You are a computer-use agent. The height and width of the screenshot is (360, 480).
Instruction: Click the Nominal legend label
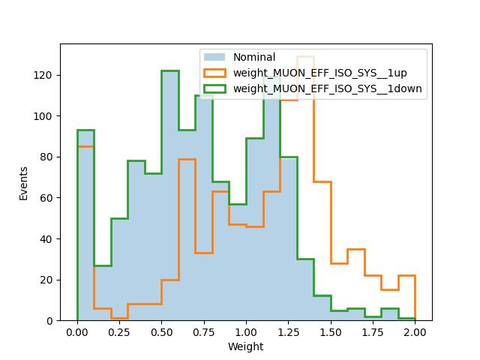[x=254, y=57]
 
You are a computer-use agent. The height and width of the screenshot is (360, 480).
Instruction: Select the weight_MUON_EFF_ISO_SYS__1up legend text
[x=320, y=73]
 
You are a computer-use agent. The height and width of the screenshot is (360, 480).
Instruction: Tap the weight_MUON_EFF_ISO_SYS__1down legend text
[x=328, y=88]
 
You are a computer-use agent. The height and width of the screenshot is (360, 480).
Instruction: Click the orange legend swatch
[x=214, y=73]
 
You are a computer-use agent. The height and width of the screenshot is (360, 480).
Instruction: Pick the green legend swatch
[x=214, y=88]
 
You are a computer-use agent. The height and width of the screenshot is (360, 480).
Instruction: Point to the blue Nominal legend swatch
[x=214, y=57]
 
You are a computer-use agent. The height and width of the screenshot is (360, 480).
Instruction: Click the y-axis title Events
[x=23, y=184]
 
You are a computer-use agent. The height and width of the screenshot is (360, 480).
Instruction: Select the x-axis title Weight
[x=245, y=346]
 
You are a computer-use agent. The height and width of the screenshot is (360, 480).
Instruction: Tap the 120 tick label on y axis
[x=43, y=75]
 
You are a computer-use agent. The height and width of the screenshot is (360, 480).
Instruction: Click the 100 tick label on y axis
[x=43, y=116]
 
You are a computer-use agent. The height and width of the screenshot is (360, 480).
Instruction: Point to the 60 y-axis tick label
[x=46, y=198]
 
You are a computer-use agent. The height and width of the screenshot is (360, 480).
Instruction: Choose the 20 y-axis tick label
[x=46, y=280]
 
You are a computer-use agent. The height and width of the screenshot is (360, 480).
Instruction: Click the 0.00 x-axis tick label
[x=77, y=332]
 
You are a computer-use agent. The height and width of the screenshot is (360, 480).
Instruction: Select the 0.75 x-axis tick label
[x=204, y=332]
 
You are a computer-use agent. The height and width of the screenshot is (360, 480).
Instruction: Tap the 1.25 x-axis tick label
[x=288, y=332]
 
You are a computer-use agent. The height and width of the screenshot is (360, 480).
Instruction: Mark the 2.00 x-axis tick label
[x=415, y=332]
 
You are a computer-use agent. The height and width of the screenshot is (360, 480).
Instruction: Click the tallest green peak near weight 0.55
[x=170, y=71]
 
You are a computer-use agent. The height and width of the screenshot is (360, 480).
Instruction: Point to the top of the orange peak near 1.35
[x=305, y=57]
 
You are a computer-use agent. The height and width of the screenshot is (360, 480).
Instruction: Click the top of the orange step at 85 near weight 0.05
[x=85, y=147]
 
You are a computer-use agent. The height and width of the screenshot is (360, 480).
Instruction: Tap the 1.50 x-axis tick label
[x=331, y=332]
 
